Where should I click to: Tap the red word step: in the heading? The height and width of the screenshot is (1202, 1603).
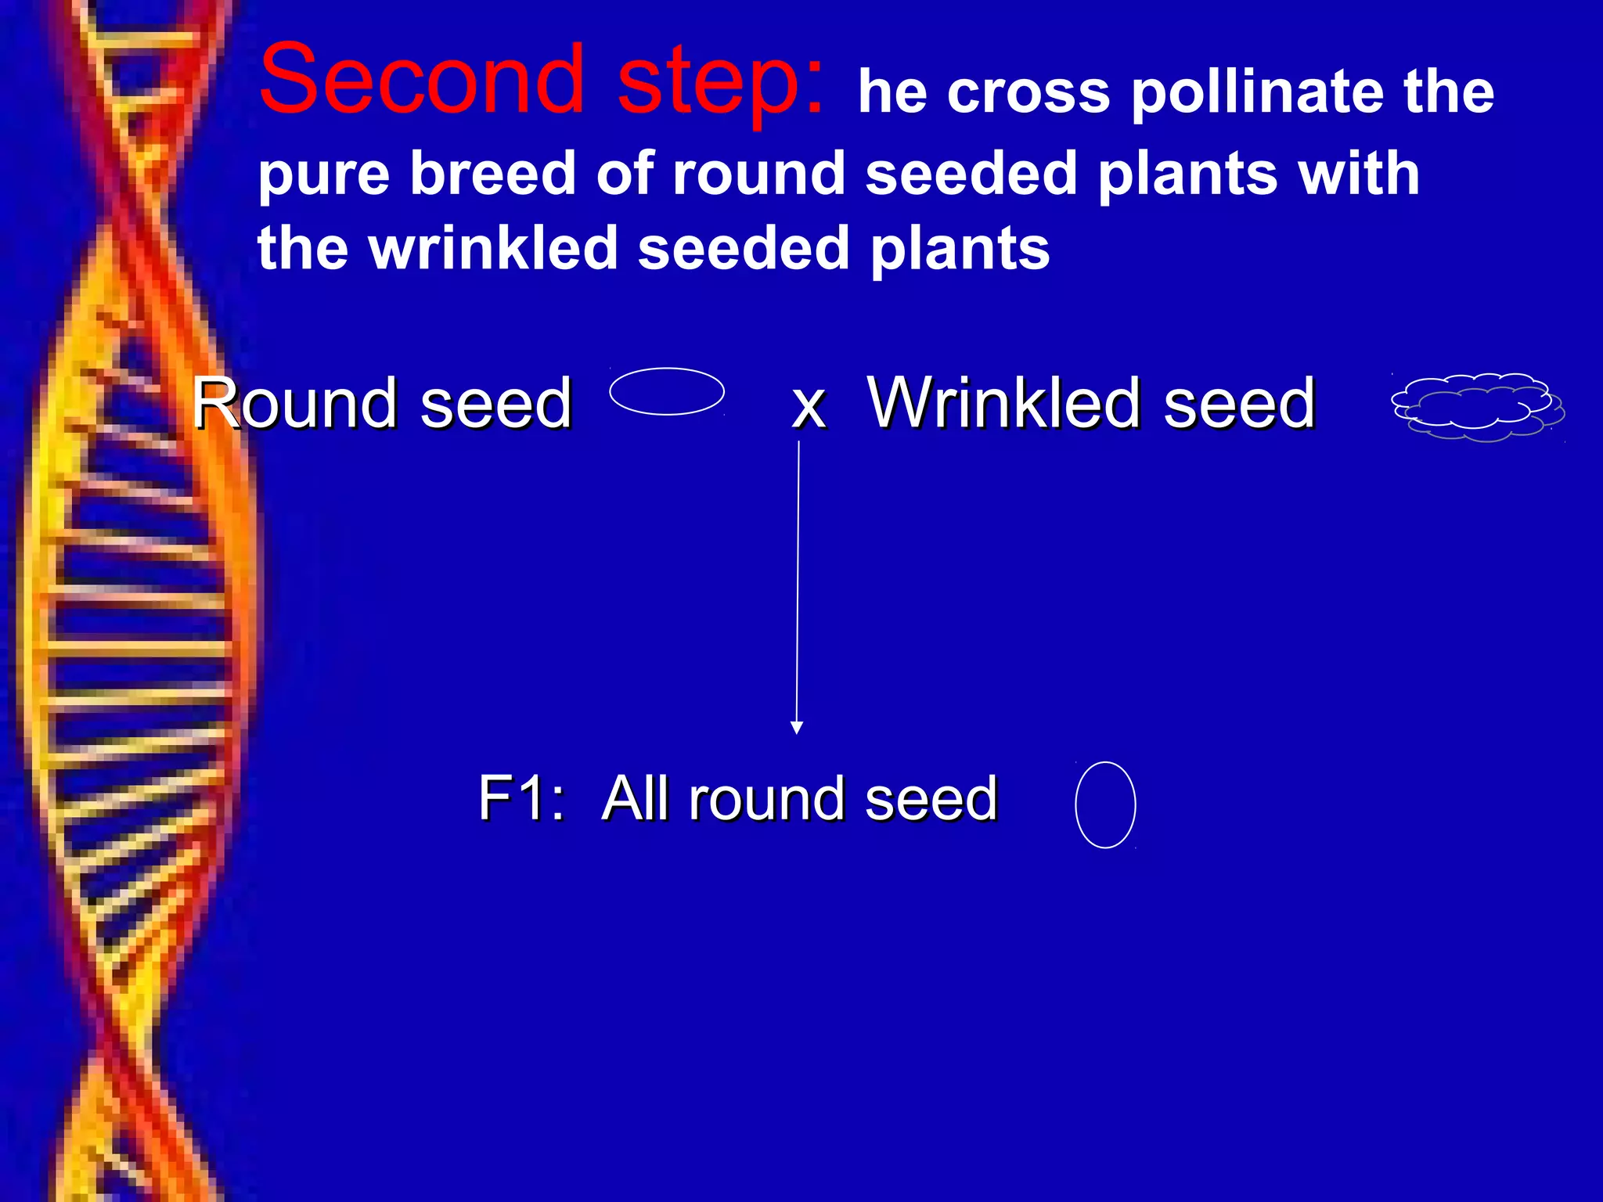pos(720,82)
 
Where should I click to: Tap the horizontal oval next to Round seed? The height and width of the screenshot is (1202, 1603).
pos(667,391)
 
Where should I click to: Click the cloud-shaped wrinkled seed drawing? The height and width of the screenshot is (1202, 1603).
pos(1477,407)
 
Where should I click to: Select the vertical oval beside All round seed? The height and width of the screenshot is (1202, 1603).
pos(1105,804)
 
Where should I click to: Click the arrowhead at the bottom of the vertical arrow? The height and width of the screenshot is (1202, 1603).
pos(797,728)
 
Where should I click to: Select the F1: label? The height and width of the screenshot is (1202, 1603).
pos(521,798)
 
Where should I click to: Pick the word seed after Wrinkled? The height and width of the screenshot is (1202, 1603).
pos(1238,405)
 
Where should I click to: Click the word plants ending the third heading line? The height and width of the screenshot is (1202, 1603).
pos(960,248)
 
